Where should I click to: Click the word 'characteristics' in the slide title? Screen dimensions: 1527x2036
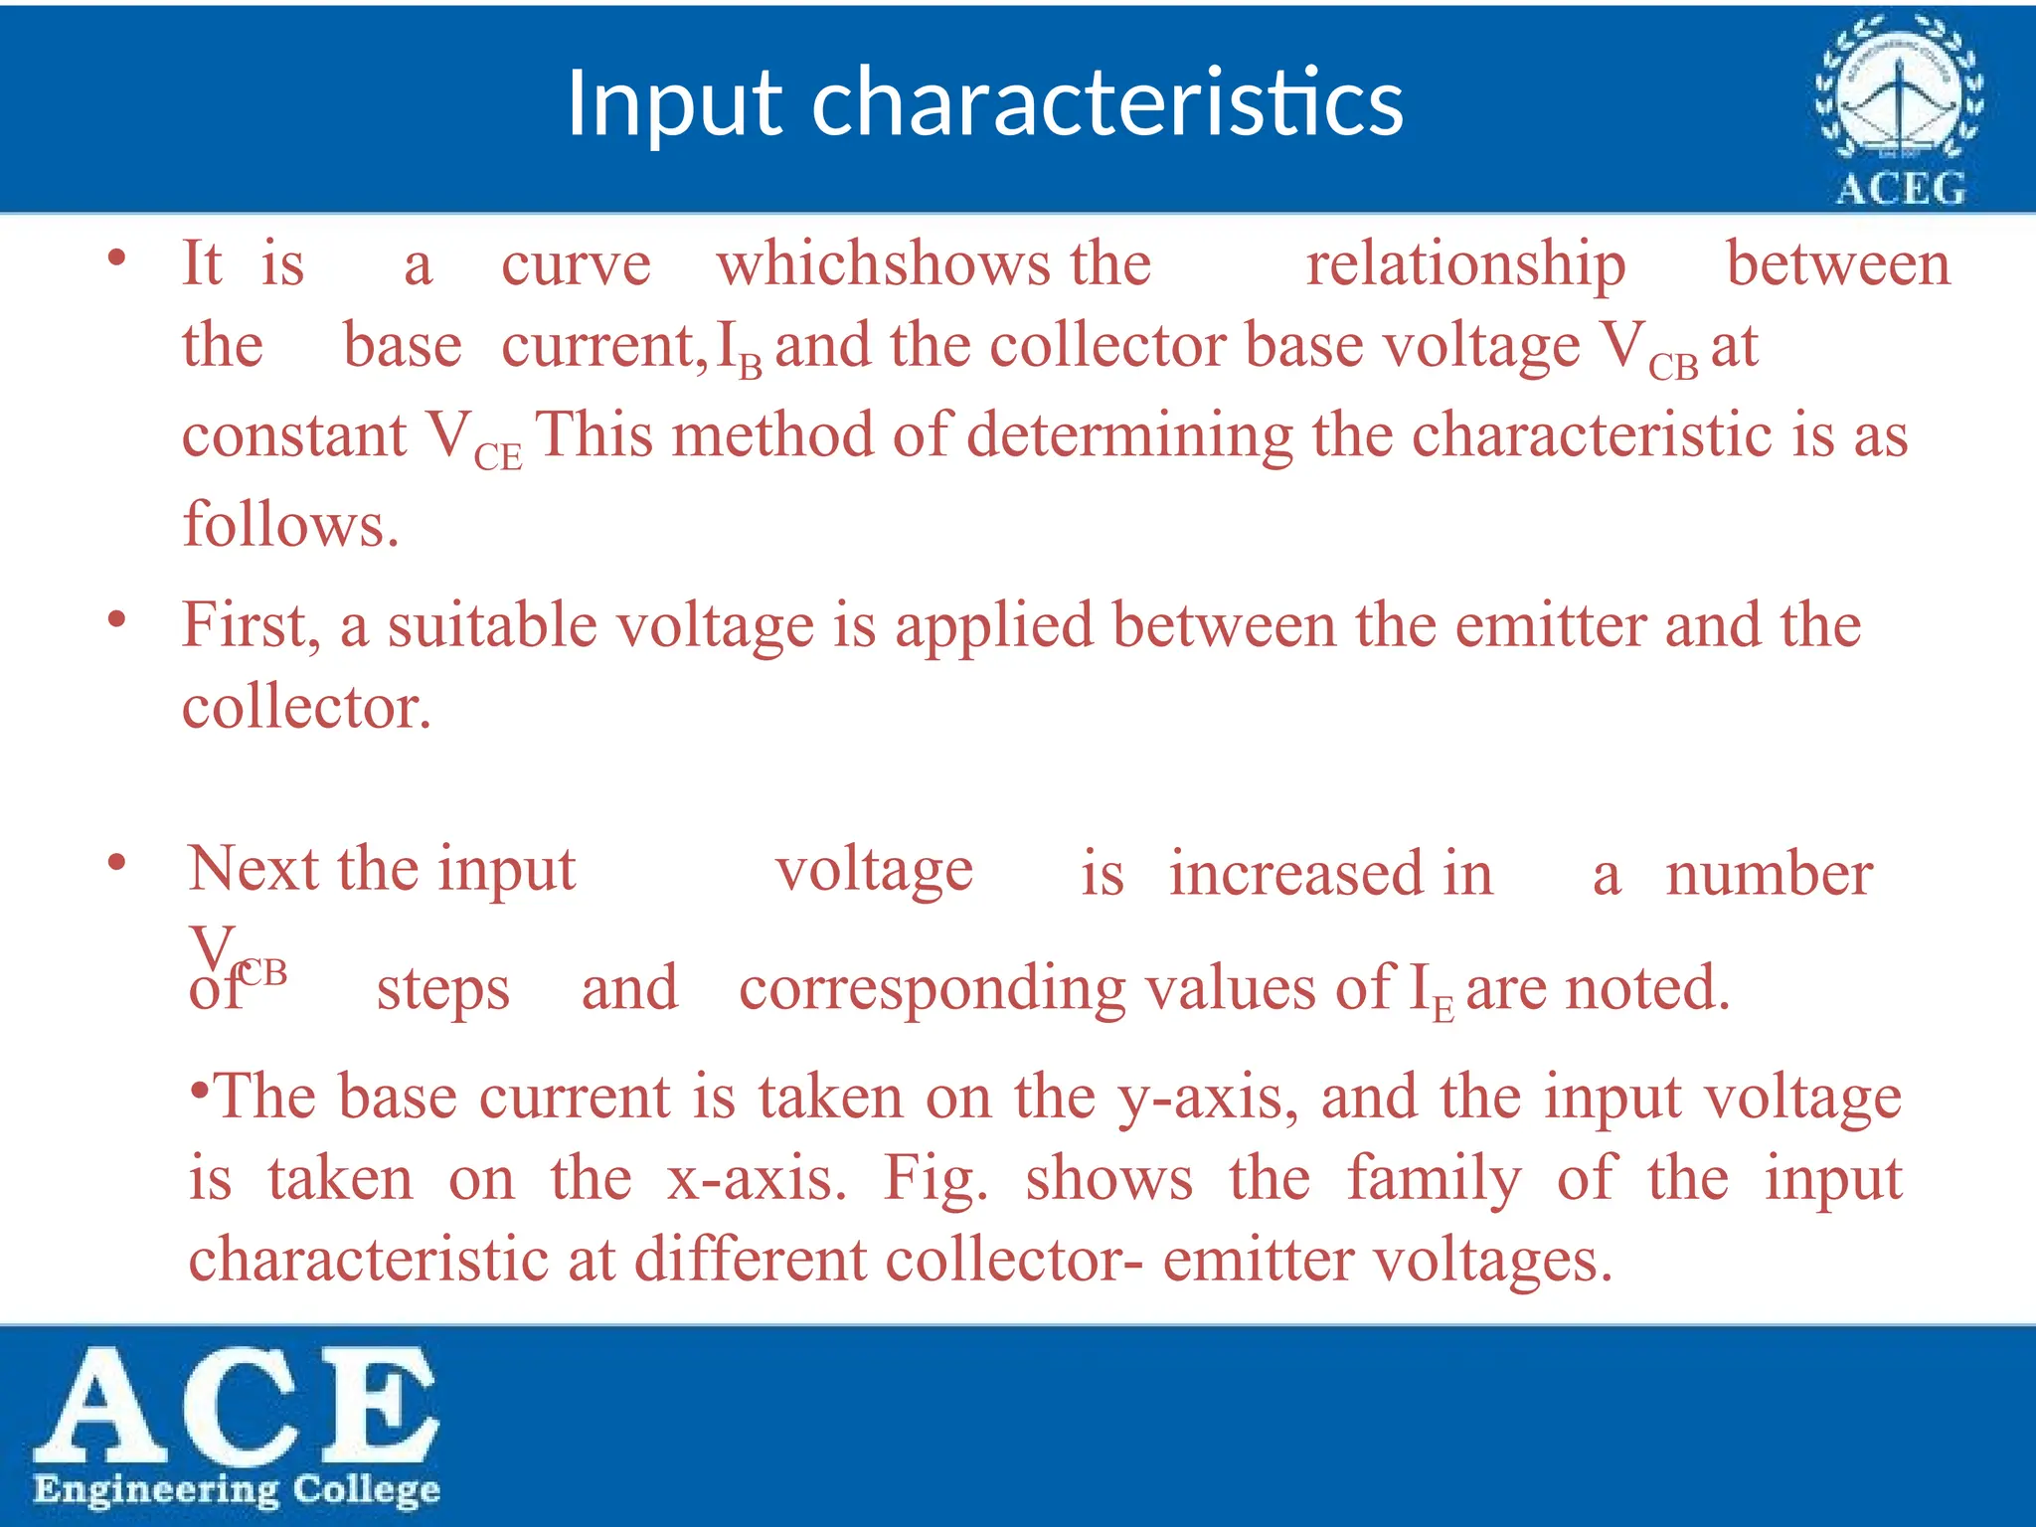coord(1107,102)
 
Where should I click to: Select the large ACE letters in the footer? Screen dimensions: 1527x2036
coord(237,1404)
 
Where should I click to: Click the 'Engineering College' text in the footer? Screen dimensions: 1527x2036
coord(237,1489)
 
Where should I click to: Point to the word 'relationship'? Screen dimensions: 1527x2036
coord(1465,264)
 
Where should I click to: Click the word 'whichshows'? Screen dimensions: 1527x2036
coord(884,264)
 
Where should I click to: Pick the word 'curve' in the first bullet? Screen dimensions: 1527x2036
coord(576,266)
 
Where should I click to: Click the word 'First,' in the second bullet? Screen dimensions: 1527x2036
coord(252,626)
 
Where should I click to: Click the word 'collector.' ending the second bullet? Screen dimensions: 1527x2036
coord(306,708)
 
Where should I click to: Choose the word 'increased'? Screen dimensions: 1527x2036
coord(1297,874)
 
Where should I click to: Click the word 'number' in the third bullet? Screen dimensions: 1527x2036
coord(1769,875)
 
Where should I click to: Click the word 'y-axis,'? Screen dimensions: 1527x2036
coord(1207,1099)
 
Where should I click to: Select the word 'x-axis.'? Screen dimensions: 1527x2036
coord(757,1180)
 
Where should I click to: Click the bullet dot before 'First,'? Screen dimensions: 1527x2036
coord(117,621)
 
